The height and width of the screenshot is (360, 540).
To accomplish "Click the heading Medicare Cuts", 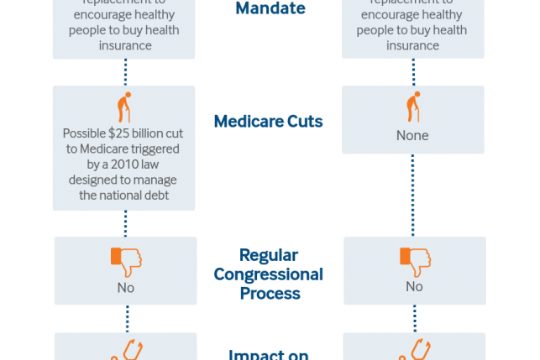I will (x=268, y=121).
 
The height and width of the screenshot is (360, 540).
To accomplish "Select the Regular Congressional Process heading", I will (x=268, y=274).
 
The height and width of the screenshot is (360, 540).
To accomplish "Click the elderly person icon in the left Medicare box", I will (x=124, y=108).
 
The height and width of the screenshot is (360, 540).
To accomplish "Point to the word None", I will (x=413, y=135).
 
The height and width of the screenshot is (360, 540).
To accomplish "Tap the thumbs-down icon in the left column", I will (x=125, y=261).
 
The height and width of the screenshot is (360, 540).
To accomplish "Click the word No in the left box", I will (x=125, y=287).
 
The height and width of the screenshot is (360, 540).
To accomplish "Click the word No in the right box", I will (x=414, y=286).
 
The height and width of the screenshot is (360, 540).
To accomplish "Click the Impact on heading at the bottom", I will (x=268, y=353).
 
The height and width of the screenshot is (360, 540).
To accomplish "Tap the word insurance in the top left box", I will (x=124, y=46).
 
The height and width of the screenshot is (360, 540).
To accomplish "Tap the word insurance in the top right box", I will (x=413, y=46).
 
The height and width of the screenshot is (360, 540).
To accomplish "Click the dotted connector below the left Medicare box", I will (x=125, y=223).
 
